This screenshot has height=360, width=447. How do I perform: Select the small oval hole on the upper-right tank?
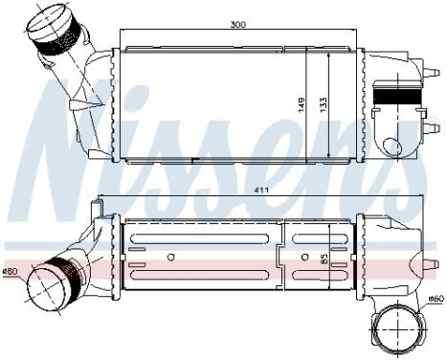[x=391, y=146]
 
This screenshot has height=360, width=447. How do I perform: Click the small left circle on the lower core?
[x=170, y=257]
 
